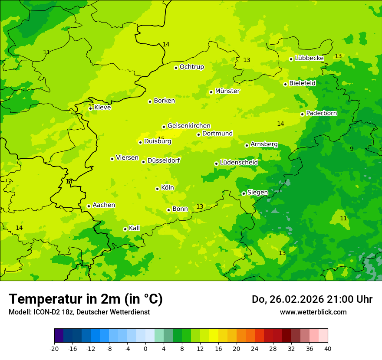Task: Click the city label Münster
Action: [227, 91]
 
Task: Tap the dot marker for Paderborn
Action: [302, 114]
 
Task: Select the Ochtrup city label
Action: [191, 67]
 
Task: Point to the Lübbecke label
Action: [309, 58]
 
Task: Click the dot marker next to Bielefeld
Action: [285, 84]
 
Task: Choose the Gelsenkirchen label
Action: [189, 126]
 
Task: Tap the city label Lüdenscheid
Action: [239, 163]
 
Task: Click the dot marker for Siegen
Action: [244, 193]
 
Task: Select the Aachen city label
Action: [104, 205]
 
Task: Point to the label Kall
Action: [135, 228]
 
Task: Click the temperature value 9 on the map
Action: [352, 149]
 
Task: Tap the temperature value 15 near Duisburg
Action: [161, 139]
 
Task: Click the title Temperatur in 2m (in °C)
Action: [86, 299]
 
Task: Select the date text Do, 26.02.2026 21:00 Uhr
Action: [312, 299]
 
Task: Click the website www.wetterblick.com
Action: [313, 312]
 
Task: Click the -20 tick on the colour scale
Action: [54, 348]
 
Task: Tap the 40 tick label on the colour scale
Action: [328, 348]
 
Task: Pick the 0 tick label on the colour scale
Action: [145, 348]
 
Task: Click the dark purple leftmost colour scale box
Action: [59, 336]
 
